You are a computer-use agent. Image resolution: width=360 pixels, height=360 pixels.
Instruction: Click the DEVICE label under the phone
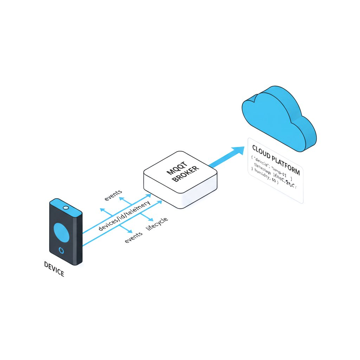click(54, 269)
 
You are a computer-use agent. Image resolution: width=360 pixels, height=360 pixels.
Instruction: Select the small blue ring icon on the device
click(62, 250)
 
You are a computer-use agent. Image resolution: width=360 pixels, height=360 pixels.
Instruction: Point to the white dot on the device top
click(65, 208)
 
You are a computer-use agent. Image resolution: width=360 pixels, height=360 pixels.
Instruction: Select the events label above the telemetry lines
click(113, 195)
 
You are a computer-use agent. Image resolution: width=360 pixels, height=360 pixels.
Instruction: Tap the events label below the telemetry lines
click(134, 238)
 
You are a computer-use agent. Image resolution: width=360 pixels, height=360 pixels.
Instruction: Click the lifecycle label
click(157, 224)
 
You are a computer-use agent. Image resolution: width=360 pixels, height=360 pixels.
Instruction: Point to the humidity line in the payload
click(264, 175)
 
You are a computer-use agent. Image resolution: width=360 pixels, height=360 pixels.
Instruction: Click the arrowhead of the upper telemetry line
click(149, 194)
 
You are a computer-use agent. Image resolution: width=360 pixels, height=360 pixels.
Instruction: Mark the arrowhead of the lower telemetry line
click(160, 201)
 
